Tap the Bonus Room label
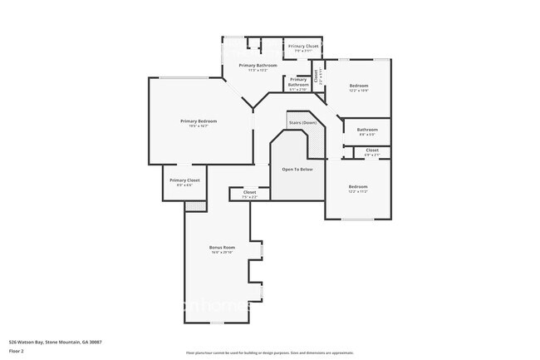click(x=222, y=247)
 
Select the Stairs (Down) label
click(x=302, y=122)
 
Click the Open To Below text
click(x=297, y=169)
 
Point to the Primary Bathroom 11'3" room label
click(x=258, y=65)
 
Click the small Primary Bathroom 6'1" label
click(x=298, y=81)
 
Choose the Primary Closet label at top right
click(x=302, y=47)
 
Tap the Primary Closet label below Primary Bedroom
click(x=184, y=180)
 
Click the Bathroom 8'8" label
click(x=367, y=130)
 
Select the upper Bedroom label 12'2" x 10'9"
click(x=358, y=86)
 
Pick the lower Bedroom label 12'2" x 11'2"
click(x=358, y=186)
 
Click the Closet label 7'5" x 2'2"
click(x=249, y=192)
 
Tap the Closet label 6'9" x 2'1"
click(x=372, y=150)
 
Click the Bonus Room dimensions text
click(x=222, y=253)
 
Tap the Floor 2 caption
click(x=16, y=351)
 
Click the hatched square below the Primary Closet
click(x=194, y=205)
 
